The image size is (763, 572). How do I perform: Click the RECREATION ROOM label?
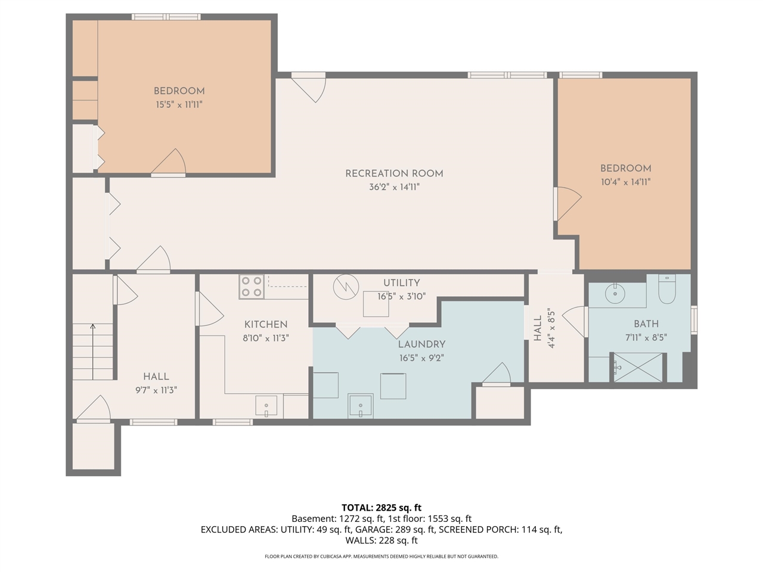point(394,173)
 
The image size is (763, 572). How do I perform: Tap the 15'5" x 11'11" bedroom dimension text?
point(179,105)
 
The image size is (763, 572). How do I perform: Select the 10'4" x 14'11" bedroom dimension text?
point(625,182)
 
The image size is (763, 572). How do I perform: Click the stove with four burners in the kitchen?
point(252,287)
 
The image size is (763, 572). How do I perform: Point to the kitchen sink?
point(266,406)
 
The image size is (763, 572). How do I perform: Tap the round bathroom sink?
point(615,293)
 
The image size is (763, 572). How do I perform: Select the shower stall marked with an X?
point(638,367)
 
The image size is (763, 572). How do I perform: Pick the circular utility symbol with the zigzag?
point(345,287)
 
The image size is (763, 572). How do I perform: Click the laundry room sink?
point(361,406)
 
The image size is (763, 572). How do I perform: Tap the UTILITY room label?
point(401,282)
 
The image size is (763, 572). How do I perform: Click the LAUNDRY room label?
point(421,344)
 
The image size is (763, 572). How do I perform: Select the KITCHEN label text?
point(266,324)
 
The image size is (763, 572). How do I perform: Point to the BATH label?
point(646,324)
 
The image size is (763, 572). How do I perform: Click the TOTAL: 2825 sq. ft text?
point(381,508)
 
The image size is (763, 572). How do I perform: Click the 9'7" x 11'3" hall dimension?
point(156,390)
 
